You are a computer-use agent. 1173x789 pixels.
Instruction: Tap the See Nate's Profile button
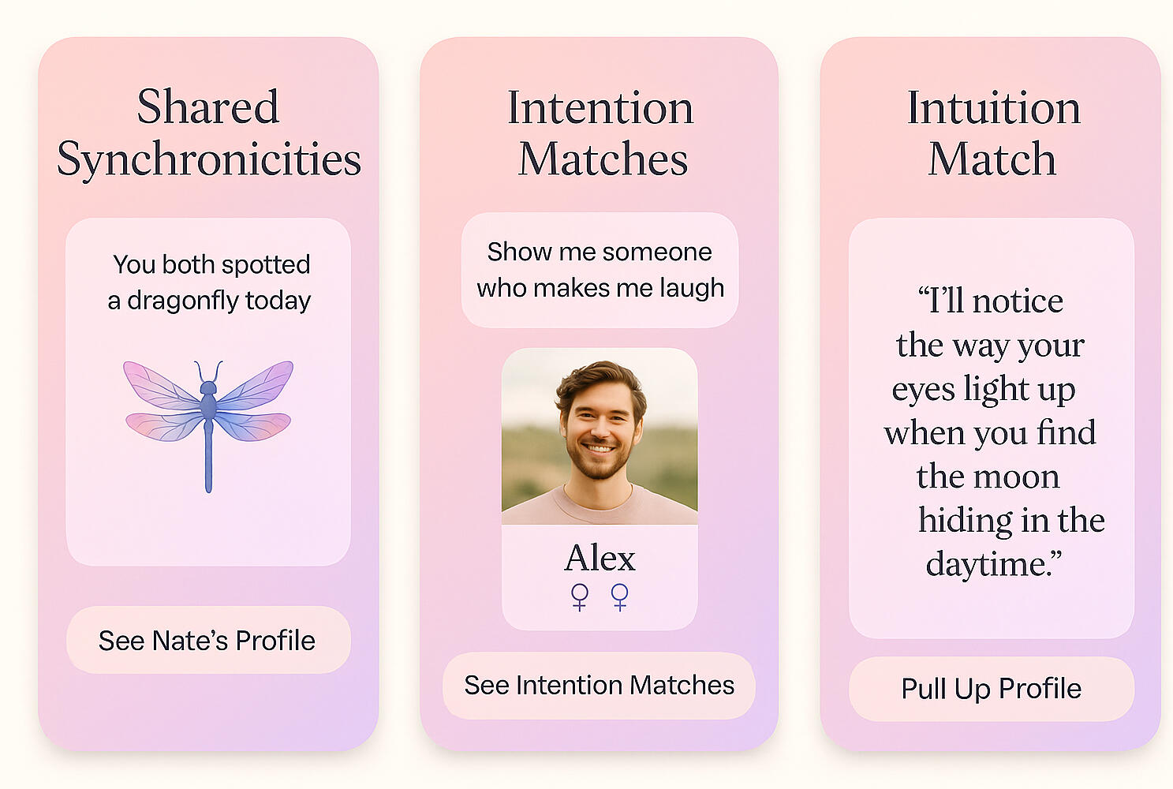tap(208, 640)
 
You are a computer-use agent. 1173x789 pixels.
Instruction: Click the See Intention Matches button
tap(599, 686)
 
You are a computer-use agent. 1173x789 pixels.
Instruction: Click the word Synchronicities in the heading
tap(209, 159)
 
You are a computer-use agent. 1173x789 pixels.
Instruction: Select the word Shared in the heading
tap(208, 107)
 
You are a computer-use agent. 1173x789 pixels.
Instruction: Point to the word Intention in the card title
tap(600, 108)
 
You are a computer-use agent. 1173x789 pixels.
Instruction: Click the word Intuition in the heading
tap(993, 108)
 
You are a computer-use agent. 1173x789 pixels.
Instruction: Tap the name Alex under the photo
tap(600, 558)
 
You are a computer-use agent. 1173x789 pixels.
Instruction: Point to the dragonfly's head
tap(208, 387)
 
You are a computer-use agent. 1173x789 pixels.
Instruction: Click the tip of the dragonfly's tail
tap(208, 491)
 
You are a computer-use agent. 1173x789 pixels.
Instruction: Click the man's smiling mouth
tap(598, 448)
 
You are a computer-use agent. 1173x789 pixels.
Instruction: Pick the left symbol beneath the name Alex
tap(579, 597)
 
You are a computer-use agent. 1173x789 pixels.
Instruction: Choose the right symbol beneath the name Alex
tap(620, 597)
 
